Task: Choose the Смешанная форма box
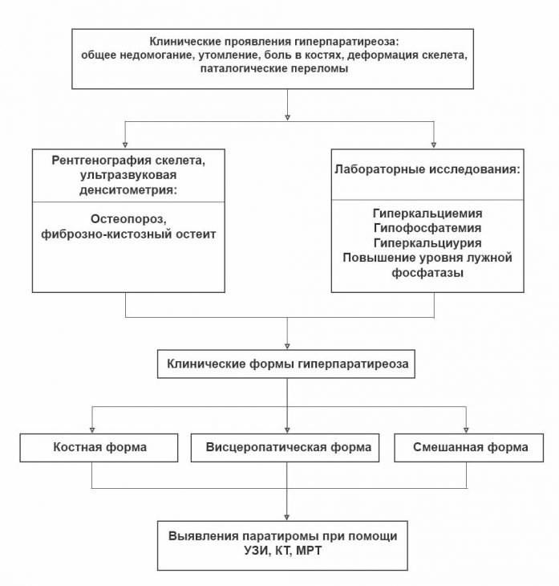(464, 447)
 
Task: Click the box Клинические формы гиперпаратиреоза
(287, 363)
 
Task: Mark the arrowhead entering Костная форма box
(94, 430)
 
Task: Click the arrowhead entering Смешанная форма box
(465, 430)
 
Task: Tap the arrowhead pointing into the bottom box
(287, 516)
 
